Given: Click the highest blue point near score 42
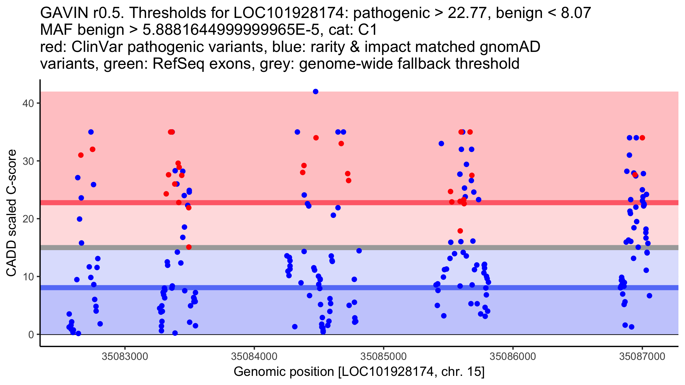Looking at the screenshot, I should pos(315,92).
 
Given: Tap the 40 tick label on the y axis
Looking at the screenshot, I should pos(28,103).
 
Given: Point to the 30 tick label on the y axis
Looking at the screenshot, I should pos(28,161).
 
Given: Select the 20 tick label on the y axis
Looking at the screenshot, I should pos(28,219).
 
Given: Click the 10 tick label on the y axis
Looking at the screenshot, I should pos(28,277).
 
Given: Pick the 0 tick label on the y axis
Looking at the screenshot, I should pos(31,335).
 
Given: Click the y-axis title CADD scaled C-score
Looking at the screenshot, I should pos(11,213).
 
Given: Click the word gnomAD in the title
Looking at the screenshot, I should pos(510,47).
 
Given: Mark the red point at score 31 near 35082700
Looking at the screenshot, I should pos(81,155).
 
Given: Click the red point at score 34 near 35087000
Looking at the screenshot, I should pos(642,138).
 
